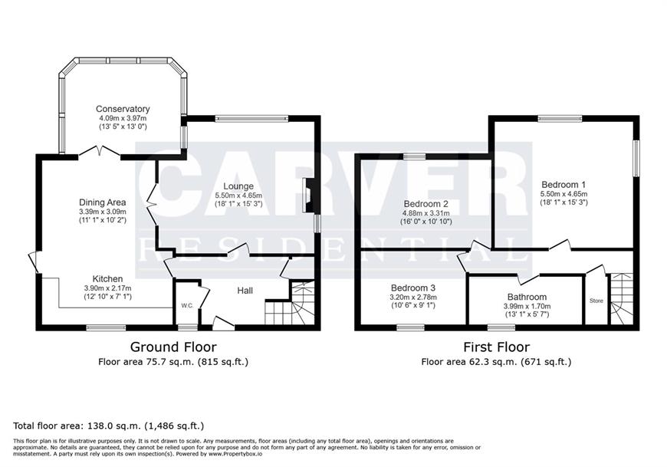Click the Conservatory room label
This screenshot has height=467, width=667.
(x=123, y=109)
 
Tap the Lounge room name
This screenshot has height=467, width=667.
(x=238, y=186)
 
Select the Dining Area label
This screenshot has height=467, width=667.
(x=103, y=202)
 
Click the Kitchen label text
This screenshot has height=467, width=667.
(x=107, y=279)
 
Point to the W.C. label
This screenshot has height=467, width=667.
(x=187, y=306)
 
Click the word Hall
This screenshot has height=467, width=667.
(x=245, y=291)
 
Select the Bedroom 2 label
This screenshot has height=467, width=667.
(x=426, y=204)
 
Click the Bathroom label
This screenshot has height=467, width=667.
(x=527, y=297)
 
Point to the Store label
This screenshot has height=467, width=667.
(x=596, y=301)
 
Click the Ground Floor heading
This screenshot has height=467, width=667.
(x=173, y=347)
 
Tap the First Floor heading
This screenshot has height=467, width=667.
(x=497, y=347)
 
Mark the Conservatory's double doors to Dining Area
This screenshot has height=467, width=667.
(x=100, y=152)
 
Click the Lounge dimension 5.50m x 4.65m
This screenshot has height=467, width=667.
(x=238, y=196)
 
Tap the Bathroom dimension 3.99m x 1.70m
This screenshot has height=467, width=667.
(x=527, y=306)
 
